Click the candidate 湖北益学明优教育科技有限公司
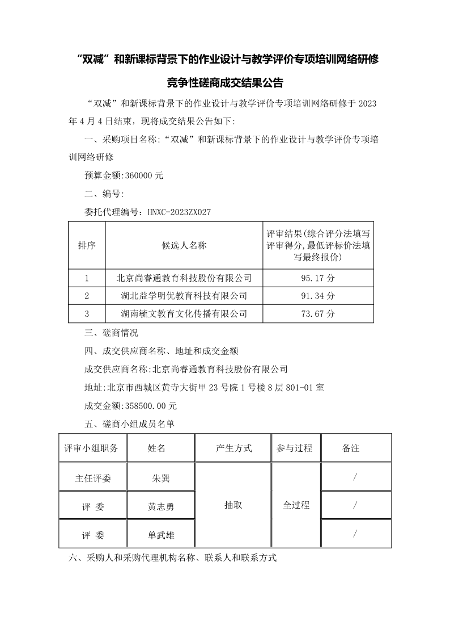tap(184, 296)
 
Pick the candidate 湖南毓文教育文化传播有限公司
tap(184, 313)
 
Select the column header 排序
tap(87, 245)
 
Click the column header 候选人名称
tap(184, 245)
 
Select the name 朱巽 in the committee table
tap(161, 478)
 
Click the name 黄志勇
tap(161, 506)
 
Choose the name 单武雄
tap(161, 534)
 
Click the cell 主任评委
tap(93, 478)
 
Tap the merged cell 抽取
tap(233, 505)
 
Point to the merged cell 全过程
tap(296, 505)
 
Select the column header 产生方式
tap(234, 448)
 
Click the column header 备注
tap(351, 448)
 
